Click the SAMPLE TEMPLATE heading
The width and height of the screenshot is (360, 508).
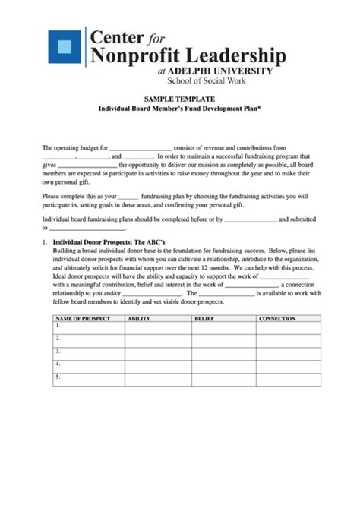[x=180, y=99]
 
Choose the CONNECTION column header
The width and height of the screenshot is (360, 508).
[x=276, y=319]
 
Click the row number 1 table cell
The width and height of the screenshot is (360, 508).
[x=88, y=328]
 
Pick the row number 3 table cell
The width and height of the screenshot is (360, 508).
[x=88, y=353]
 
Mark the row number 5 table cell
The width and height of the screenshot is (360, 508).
[x=88, y=379]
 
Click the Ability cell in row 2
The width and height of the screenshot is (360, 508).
[x=158, y=340]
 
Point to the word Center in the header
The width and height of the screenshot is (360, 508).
[x=117, y=36]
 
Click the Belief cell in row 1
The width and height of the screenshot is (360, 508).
[x=223, y=328]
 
